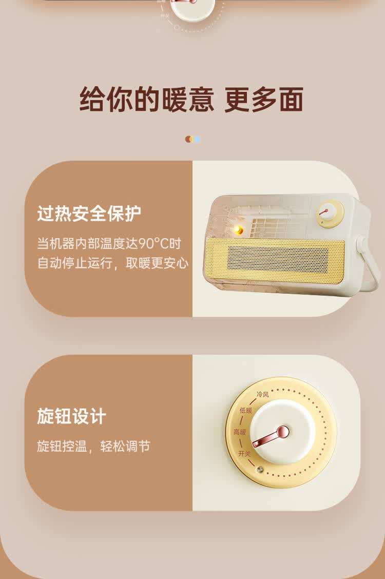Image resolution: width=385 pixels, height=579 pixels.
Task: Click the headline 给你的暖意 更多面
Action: (x=191, y=100)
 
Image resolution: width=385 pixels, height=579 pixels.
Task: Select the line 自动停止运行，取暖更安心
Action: (x=113, y=263)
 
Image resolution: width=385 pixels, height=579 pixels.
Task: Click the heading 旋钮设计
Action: (x=72, y=416)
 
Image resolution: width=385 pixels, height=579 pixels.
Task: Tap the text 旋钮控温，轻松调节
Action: (x=93, y=446)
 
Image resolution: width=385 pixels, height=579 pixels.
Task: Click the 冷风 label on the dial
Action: (x=262, y=395)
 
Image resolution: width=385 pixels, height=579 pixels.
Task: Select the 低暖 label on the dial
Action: (x=245, y=410)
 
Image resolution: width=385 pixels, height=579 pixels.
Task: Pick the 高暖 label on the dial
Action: (x=240, y=432)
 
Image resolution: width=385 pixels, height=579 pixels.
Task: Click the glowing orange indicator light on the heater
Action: (x=238, y=230)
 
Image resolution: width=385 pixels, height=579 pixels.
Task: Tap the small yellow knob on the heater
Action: (x=330, y=213)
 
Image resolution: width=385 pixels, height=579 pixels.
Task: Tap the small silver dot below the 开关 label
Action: (x=260, y=470)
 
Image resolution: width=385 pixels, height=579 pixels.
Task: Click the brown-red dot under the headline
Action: (x=188, y=139)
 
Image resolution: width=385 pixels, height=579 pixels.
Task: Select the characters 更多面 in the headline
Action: (x=264, y=100)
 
